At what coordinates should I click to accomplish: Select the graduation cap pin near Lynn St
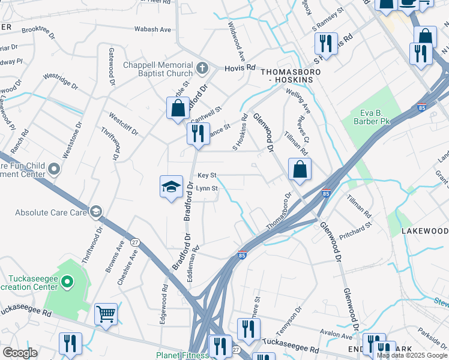pos(171,186)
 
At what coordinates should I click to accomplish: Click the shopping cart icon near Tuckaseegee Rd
pos(106,313)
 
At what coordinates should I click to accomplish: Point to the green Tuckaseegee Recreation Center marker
pos(67,281)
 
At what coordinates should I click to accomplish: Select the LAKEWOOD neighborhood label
pos(424,231)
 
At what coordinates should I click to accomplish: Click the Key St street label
pos(207,175)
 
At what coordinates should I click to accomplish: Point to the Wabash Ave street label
pos(152,29)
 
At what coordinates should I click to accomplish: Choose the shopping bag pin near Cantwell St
pos(178,109)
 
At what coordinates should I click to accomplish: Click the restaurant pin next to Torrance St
pos(198,133)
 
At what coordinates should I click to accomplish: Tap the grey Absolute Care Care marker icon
pos(95,211)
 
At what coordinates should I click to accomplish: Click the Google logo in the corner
pos(20,353)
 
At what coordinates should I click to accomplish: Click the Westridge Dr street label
pos(60,82)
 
